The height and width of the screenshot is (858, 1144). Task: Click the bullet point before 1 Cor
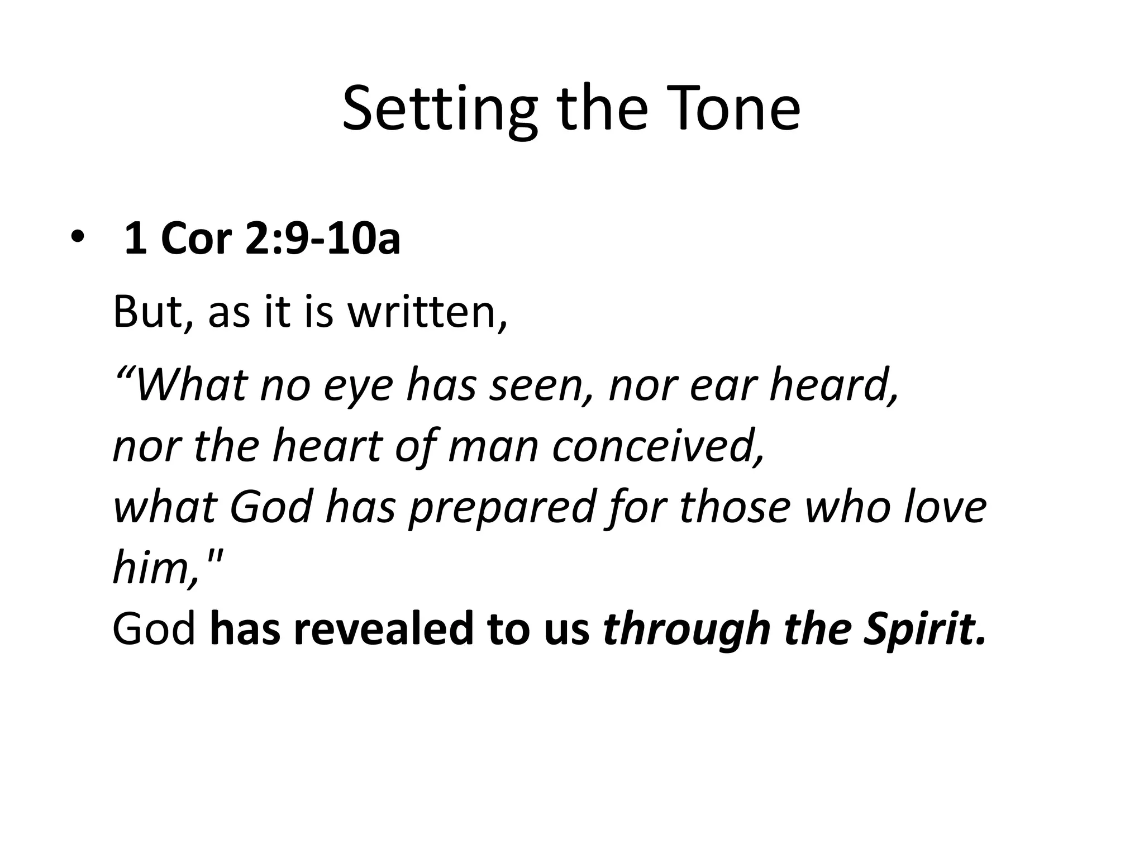[x=76, y=238]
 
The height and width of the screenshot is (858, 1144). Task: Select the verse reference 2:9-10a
[x=323, y=239]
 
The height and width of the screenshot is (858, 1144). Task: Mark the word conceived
[x=657, y=446]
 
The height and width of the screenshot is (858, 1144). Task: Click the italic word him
[x=154, y=567]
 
